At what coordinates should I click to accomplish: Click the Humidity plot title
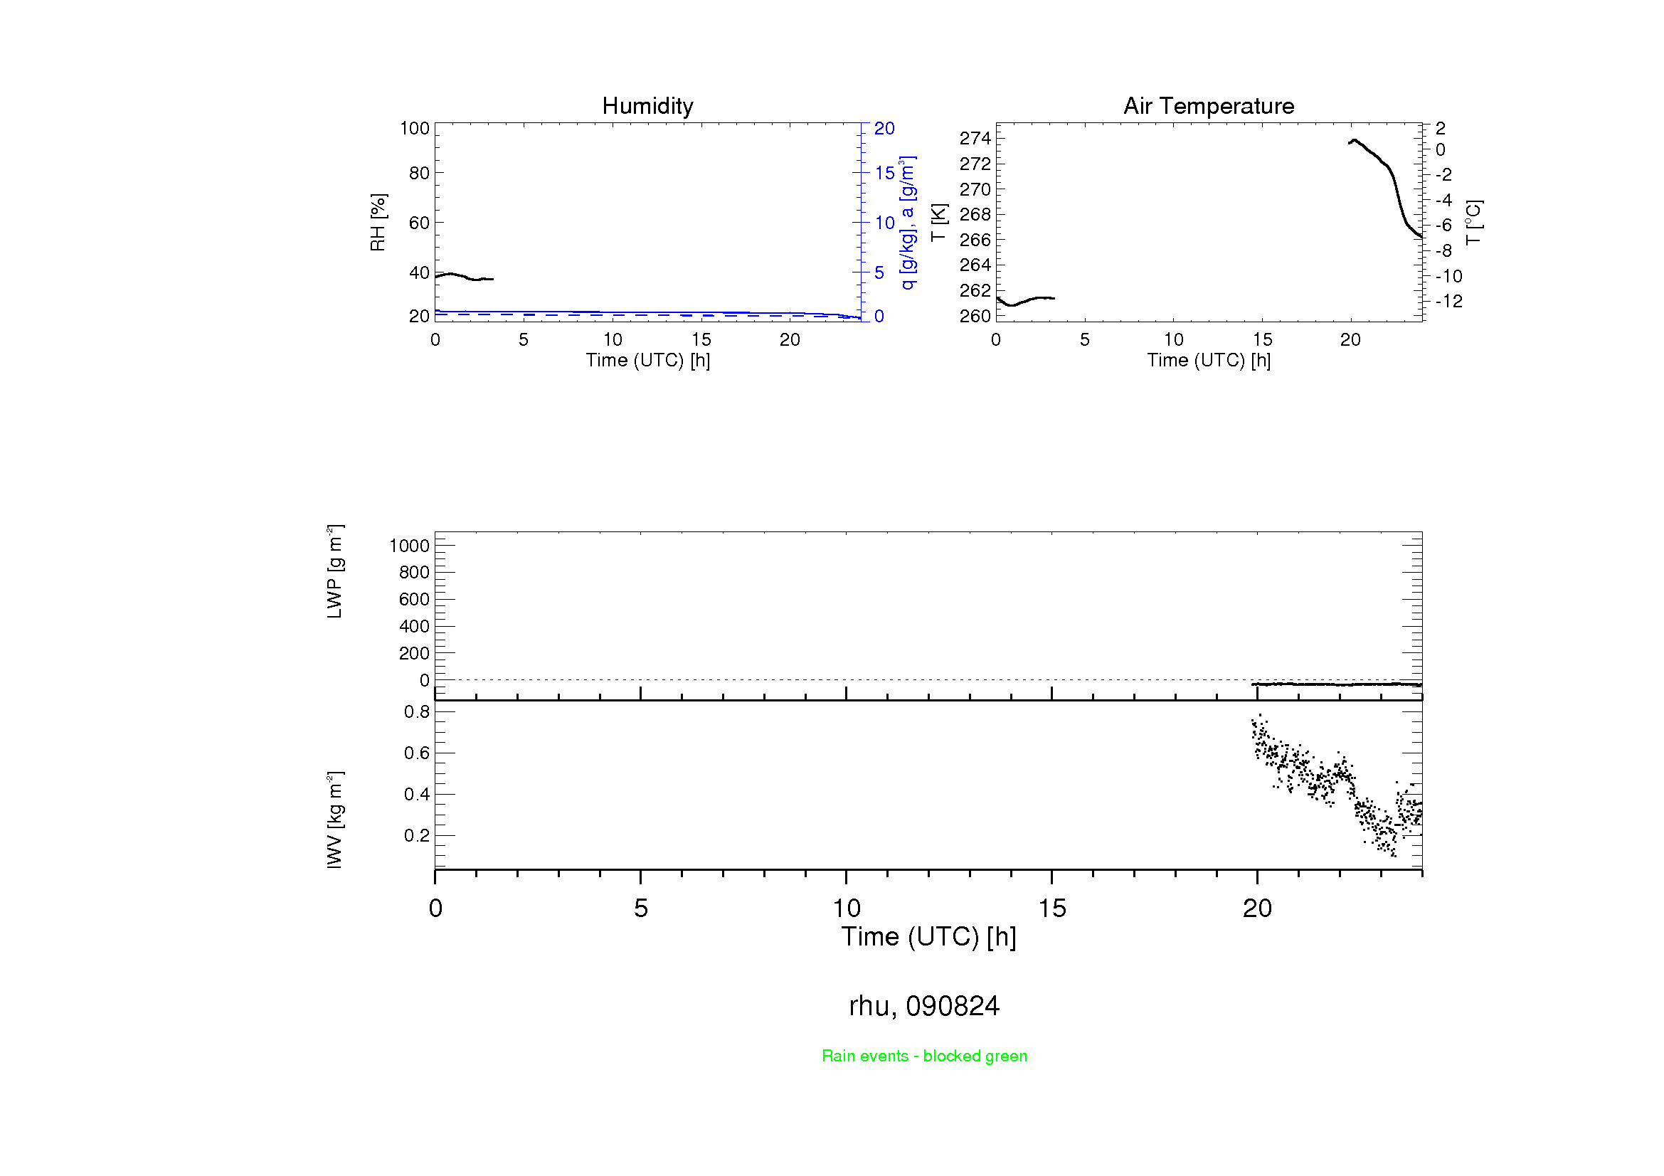pos(647,106)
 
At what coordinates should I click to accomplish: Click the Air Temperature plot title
pos(1208,106)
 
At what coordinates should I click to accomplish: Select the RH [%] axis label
pos(378,223)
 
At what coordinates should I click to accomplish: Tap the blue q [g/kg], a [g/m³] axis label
pos(907,223)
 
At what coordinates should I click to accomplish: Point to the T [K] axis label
pos(938,223)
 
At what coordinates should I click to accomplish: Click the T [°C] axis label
pos(1473,223)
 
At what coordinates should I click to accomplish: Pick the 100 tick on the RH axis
pos(415,128)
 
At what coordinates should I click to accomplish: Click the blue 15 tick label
pos(884,173)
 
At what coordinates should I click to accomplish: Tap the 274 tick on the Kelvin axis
pos(975,138)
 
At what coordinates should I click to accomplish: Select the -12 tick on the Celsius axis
pos(1448,302)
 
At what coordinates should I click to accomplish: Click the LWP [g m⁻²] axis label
pos(334,571)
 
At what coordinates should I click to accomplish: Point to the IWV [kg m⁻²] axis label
pos(334,820)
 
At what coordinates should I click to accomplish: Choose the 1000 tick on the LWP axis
pos(410,546)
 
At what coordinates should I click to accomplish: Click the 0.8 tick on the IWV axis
pos(417,711)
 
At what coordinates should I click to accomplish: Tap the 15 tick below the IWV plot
pos(1051,909)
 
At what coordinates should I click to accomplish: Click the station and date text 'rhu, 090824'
pos(924,1006)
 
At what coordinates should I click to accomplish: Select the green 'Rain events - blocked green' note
pos(924,1056)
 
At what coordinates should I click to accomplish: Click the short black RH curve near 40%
pos(464,276)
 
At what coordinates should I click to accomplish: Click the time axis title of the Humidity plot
pos(647,360)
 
